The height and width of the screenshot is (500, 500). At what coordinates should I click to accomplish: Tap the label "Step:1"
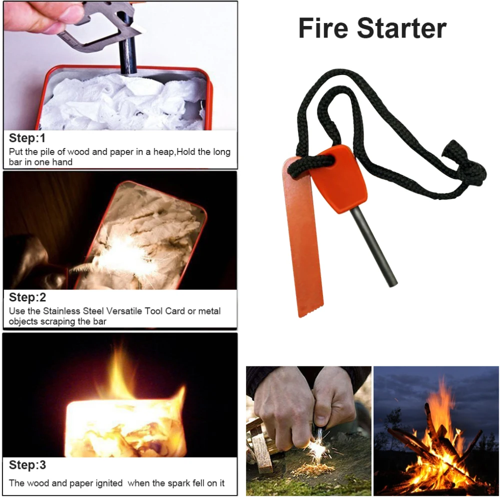pyautogui.click(x=27, y=138)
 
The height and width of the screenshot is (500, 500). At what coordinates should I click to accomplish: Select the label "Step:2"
pyautogui.click(x=27, y=297)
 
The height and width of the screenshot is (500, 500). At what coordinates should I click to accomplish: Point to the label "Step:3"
pyautogui.click(x=27, y=465)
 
